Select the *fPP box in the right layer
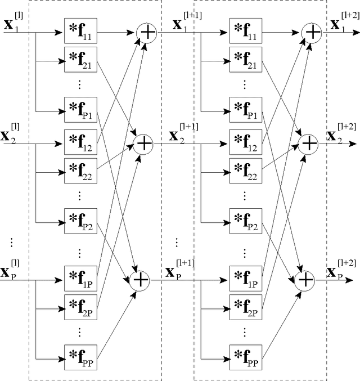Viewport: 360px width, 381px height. (246, 357)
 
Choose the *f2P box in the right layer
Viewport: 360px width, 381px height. (246, 307)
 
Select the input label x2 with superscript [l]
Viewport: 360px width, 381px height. (12, 135)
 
